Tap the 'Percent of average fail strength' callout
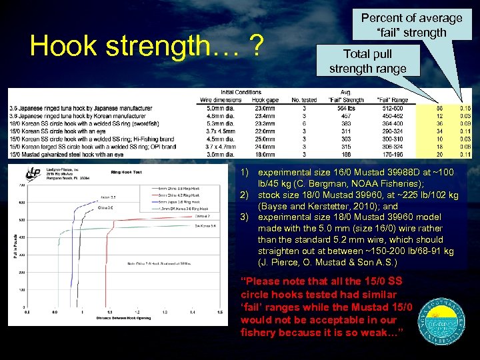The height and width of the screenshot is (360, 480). coord(411,25)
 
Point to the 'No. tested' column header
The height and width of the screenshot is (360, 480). coord(304,100)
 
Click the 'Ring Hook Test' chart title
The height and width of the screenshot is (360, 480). coord(127,171)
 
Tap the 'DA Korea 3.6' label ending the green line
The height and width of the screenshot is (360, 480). coord(203,227)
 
